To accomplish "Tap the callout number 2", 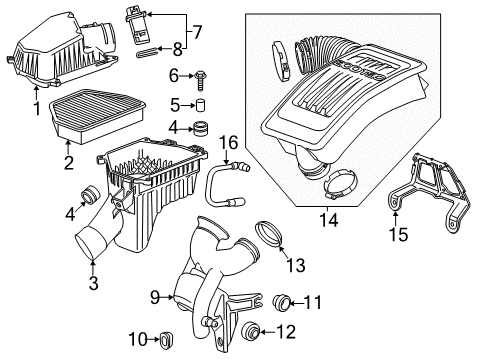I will point(67,162).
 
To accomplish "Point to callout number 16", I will point(227,143).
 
